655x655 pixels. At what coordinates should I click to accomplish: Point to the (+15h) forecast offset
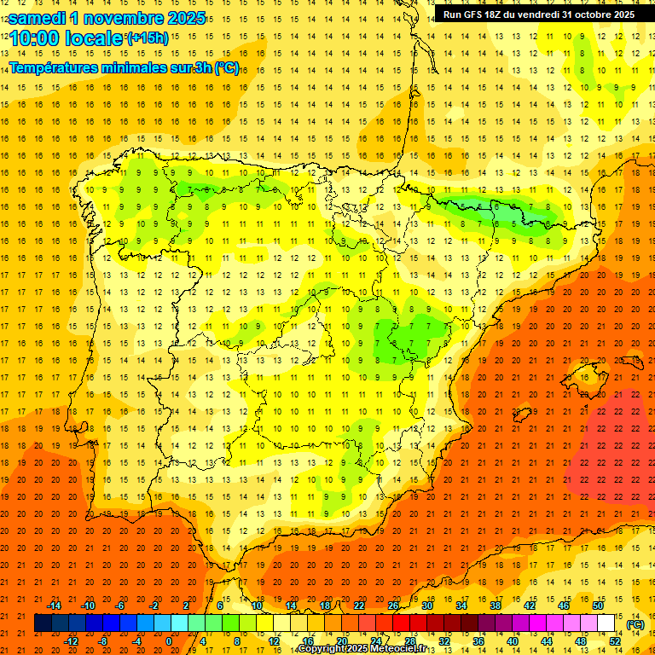coord(148,38)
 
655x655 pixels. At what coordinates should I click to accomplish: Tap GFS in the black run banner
coord(475,14)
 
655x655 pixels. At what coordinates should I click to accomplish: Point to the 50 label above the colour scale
coord(598,606)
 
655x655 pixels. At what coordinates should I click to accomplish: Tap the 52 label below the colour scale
coord(615,641)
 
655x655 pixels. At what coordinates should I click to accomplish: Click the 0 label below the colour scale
coord(170,641)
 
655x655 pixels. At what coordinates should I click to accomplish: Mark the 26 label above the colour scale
coord(393,606)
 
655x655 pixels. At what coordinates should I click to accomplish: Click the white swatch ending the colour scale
coord(606,623)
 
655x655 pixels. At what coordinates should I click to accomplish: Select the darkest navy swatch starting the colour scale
coord(43,623)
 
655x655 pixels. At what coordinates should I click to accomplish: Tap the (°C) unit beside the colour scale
coord(635,625)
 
